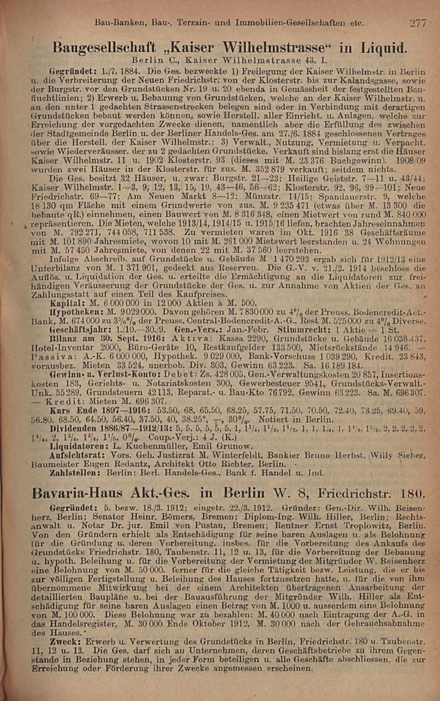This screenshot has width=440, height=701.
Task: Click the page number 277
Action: (418, 23)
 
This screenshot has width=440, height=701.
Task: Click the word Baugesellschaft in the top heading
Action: (104, 47)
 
